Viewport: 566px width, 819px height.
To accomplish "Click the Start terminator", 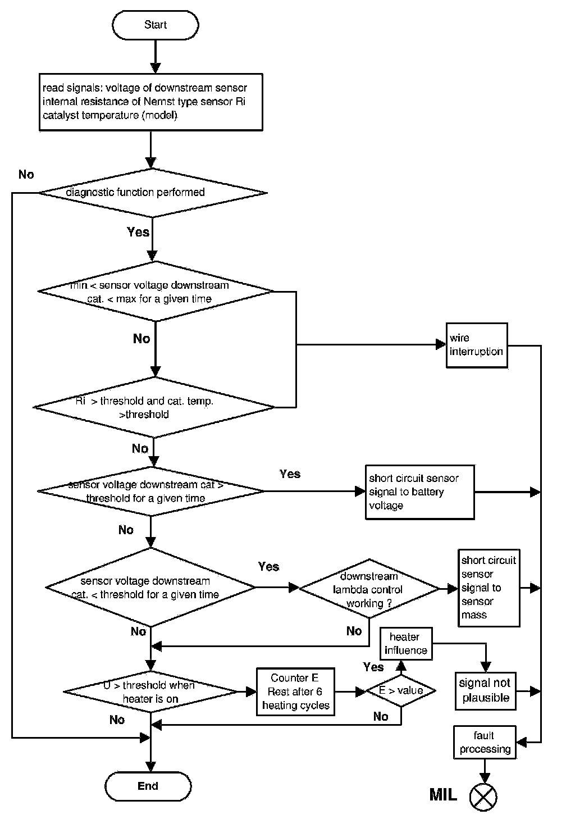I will (x=155, y=25).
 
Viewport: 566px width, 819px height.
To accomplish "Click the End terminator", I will (x=148, y=786).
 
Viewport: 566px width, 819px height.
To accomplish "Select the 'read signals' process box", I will (x=150, y=102).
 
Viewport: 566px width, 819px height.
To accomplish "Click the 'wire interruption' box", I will (x=476, y=345).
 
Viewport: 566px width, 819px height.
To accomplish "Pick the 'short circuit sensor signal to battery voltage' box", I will (x=419, y=492).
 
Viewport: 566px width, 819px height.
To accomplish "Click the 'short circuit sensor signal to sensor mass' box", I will (x=489, y=588).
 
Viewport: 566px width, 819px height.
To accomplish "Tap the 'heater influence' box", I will (x=405, y=644).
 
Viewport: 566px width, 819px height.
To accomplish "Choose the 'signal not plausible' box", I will (x=485, y=690).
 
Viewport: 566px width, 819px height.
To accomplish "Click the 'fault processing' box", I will (x=484, y=742).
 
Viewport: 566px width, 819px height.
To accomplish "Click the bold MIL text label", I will (x=443, y=795).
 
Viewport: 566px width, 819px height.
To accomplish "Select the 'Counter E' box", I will (x=295, y=691).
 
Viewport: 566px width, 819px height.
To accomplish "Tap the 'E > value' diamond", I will (x=401, y=691).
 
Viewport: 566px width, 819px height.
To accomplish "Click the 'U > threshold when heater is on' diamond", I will (x=150, y=691).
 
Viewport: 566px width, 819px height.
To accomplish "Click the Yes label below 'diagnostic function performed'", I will (x=138, y=232).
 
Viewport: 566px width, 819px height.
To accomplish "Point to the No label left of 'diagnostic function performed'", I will (x=26, y=174).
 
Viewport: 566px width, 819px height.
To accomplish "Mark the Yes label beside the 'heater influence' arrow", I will (x=373, y=667).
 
